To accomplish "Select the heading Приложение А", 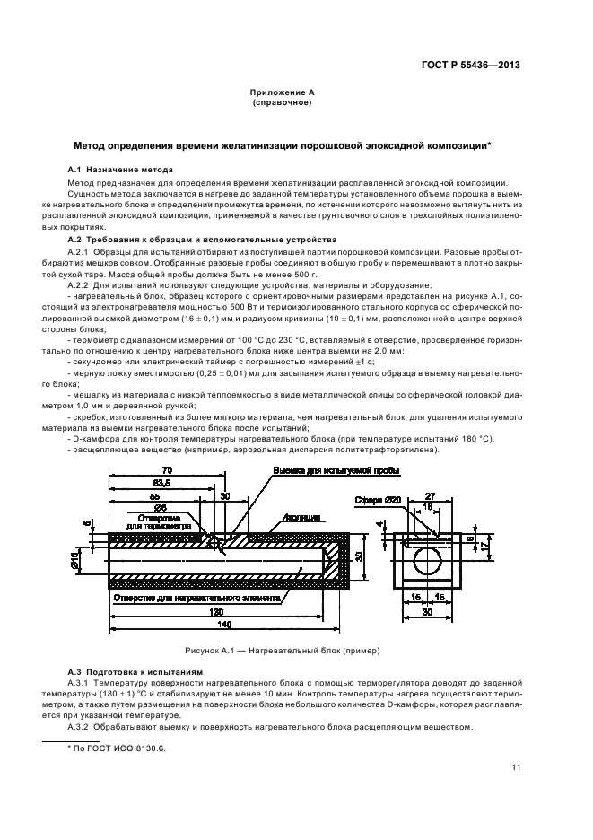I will tap(282, 93).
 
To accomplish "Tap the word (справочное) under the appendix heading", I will tap(282, 103).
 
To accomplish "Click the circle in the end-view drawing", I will tap(427, 563).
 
